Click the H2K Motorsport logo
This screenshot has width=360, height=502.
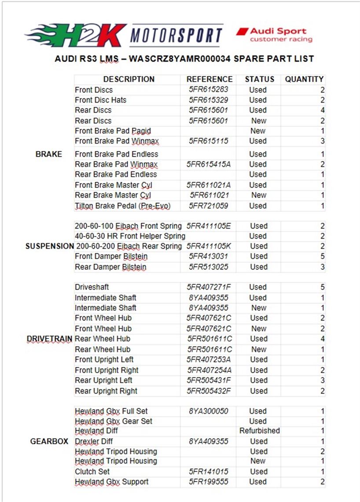pos(124,35)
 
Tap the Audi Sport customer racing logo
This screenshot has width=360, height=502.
pos(274,35)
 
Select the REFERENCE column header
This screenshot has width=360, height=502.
pos(209,79)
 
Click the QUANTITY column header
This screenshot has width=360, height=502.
pos(304,79)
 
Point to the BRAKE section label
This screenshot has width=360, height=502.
pos(48,154)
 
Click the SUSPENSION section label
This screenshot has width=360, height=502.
pos(49,246)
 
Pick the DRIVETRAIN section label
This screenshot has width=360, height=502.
pos(49,339)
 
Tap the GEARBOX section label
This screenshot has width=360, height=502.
pos(49,441)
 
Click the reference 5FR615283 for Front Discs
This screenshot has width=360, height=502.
pos(209,90)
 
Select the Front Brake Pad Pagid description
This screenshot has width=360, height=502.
pos(113,131)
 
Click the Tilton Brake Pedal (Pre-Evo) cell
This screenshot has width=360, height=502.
pos(122,206)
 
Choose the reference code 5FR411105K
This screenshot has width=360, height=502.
pos(209,246)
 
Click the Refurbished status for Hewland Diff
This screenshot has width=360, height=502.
pos(260,431)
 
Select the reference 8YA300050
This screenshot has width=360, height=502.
pos(209,411)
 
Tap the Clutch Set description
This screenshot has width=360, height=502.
pos(92,472)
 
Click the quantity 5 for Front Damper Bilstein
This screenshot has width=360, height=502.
pos(323,256)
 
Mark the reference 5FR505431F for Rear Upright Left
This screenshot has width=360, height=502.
pos(209,380)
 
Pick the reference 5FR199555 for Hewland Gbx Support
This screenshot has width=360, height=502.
pos(209,482)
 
